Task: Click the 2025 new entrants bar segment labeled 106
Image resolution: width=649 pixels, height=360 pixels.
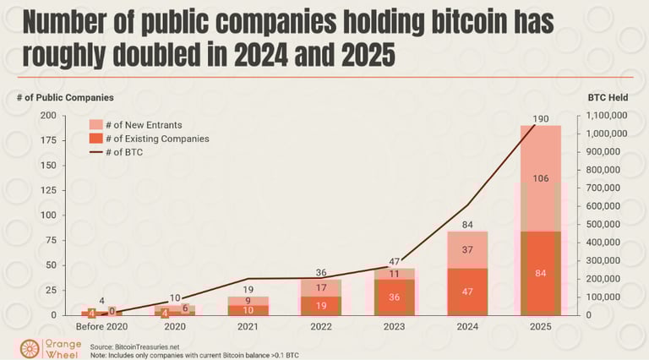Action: pyautogui.click(x=541, y=178)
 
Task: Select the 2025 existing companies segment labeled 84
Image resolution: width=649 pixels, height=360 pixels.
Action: pyautogui.click(x=541, y=273)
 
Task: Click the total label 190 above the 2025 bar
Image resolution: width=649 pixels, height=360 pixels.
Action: pyautogui.click(x=541, y=118)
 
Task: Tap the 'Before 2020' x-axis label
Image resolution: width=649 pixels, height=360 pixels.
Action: pyautogui.click(x=101, y=327)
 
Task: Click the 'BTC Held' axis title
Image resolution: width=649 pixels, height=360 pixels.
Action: pyautogui.click(x=608, y=98)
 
